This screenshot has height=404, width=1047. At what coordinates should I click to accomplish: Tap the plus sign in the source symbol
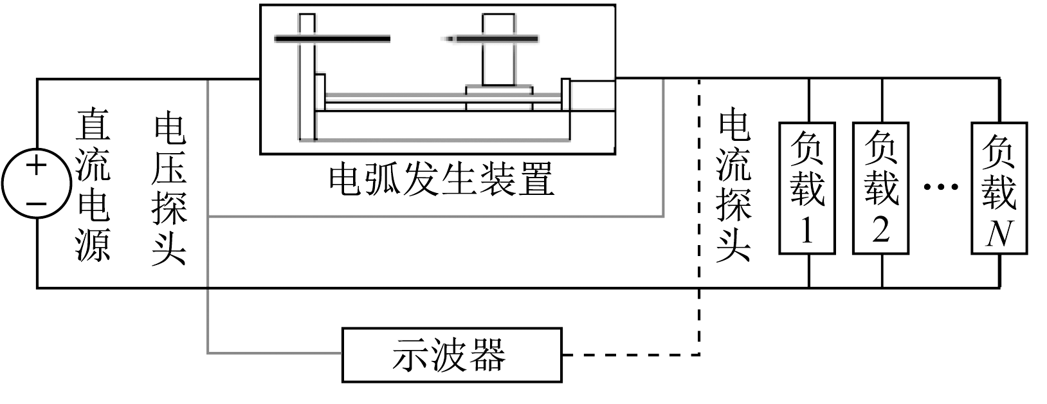(37, 166)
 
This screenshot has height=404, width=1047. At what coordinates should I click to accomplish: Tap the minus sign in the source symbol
(37, 203)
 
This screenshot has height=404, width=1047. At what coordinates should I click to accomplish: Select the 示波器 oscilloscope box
(451, 354)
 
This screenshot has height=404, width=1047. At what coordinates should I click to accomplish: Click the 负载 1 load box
(807, 187)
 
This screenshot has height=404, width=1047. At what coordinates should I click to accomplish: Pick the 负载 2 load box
(881, 187)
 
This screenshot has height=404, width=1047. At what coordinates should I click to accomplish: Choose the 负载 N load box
(999, 187)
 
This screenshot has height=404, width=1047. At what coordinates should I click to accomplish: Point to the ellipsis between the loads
(940, 187)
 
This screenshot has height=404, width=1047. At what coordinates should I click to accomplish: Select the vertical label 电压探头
(169, 190)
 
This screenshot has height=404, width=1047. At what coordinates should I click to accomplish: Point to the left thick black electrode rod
(332, 39)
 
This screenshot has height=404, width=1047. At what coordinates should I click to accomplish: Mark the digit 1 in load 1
(806, 230)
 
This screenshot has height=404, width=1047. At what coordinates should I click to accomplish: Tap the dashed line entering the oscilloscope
(630, 354)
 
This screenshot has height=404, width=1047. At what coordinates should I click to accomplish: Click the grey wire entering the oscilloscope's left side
(273, 353)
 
